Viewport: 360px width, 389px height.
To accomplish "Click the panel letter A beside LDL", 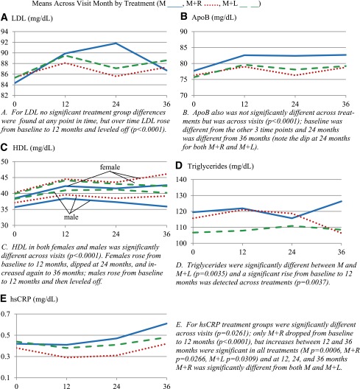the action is coord(4,18).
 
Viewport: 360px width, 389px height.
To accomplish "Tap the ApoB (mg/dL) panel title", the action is coord(213,18).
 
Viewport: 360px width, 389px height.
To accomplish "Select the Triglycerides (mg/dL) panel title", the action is coord(220,166).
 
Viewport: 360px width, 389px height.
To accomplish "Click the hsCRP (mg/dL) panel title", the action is coord(34,299).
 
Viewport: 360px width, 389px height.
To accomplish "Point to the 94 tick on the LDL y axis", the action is coord(4,32).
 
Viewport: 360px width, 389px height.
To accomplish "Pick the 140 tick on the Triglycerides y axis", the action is coord(181,179).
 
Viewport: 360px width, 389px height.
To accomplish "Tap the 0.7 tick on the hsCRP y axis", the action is coord(5,314).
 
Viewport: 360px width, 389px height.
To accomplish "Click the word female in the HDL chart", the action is coord(110,167).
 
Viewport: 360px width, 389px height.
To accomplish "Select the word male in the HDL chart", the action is coord(71,217).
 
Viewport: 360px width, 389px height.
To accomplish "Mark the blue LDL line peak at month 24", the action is coord(116,43).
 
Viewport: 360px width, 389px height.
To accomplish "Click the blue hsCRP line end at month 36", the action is coord(166,323).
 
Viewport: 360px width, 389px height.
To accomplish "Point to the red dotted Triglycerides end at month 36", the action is coord(341,233).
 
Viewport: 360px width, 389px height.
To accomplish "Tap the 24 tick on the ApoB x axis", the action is coord(294,104).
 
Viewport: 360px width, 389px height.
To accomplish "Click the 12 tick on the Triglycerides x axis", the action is coord(242,252).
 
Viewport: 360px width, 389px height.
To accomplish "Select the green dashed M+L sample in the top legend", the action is coord(250,5).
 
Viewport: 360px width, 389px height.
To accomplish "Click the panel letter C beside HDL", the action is coord(4,147).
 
